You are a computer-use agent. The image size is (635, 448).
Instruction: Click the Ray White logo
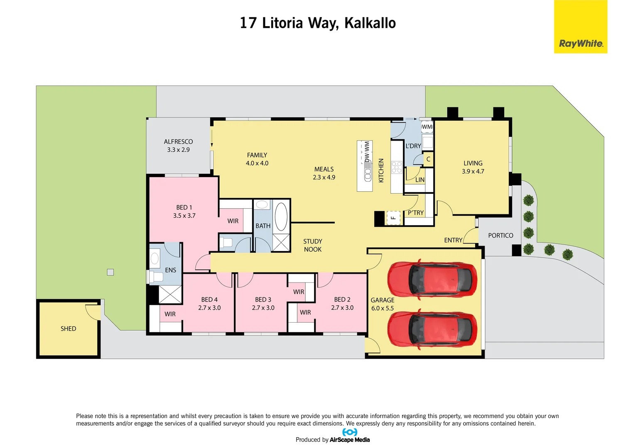coord(580,27)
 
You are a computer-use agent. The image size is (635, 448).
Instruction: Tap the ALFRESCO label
coord(178,141)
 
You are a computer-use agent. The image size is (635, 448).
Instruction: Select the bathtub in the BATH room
coord(281,216)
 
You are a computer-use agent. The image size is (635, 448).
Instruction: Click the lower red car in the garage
coord(432,328)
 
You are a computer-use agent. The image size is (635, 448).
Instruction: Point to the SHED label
coord(68,329)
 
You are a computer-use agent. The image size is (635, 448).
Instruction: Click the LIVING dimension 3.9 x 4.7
coord(473,171)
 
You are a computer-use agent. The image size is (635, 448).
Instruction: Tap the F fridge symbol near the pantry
coord(393,217)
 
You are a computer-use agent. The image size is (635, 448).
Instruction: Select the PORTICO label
coord(500,235)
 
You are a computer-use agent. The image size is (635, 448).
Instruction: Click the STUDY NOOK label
coord(312,245)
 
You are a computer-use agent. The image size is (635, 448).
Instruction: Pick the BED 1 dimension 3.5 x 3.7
coord(184,216)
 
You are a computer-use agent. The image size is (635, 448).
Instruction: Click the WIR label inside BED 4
coord(170,314)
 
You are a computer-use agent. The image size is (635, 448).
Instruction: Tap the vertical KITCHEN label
coord(381,170)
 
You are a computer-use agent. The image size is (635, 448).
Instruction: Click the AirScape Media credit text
coord(349,440)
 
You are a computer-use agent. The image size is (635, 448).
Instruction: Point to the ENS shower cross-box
coord(170,294)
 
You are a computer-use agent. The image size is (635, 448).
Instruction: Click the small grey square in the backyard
coord(110,272)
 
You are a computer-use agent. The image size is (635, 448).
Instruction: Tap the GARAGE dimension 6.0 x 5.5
coord(382,308)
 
